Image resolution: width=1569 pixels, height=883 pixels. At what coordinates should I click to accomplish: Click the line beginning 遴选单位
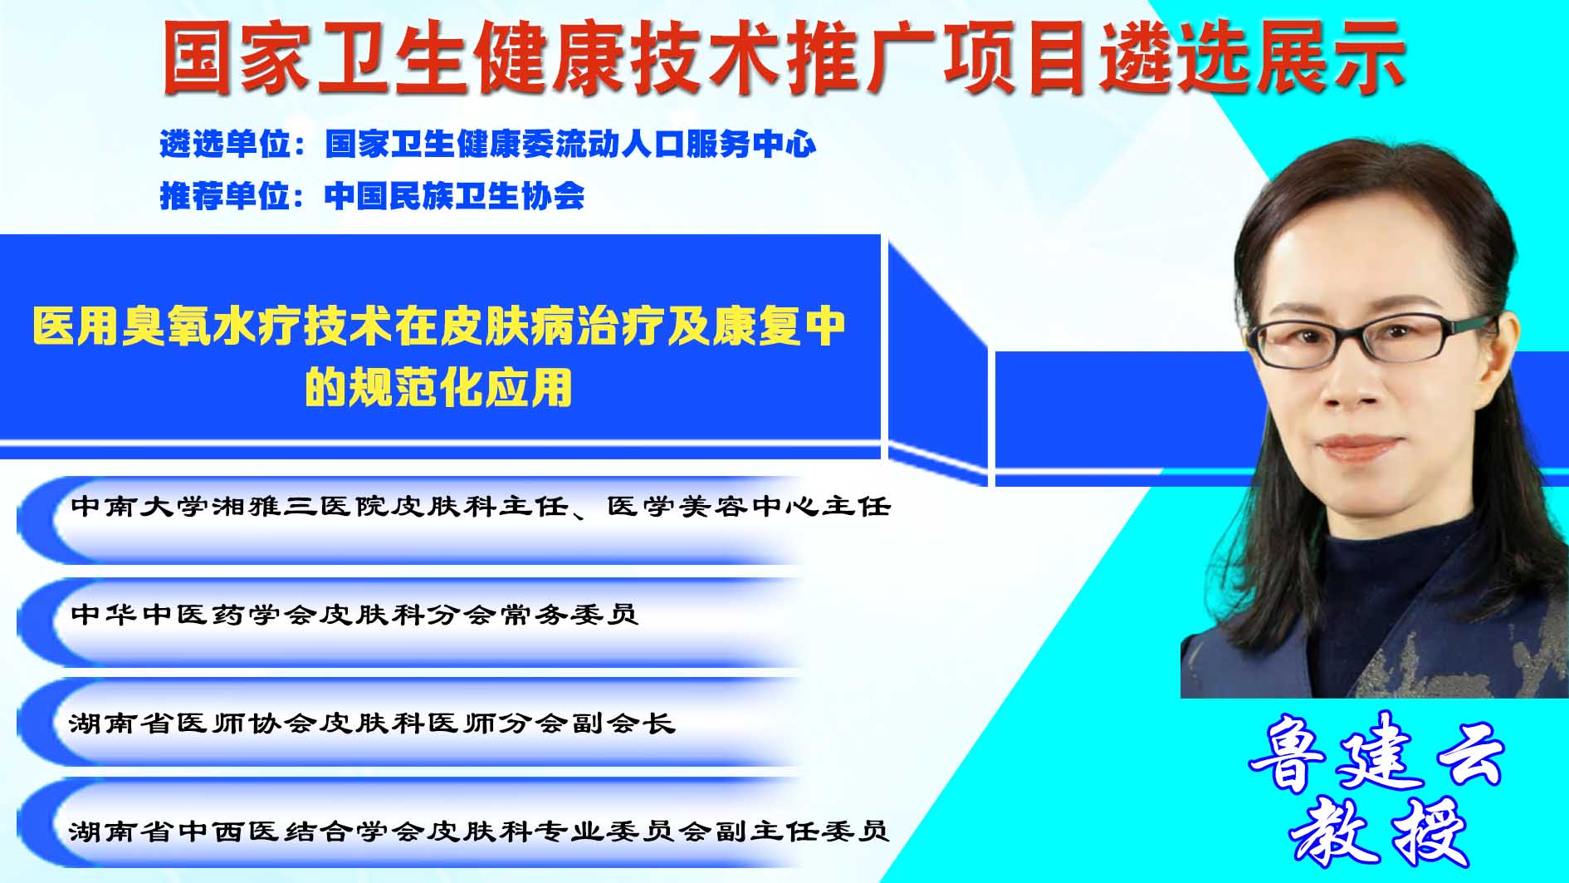488,145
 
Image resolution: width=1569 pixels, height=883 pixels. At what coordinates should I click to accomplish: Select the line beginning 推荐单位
372,196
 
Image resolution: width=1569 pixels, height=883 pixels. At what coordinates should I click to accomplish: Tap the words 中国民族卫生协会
454,196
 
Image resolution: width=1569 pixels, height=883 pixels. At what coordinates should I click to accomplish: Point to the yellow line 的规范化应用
438,387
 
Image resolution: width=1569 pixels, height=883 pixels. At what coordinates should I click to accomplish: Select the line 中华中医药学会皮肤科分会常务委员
354,614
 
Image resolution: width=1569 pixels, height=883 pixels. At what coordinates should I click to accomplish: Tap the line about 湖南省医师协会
372,723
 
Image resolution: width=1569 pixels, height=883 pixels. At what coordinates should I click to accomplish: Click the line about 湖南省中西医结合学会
479,831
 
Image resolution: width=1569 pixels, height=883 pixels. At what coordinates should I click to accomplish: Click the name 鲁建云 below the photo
1376,753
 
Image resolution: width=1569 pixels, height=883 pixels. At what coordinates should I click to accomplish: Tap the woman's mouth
1358,447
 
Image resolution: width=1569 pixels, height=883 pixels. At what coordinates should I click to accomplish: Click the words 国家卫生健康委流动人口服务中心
570,145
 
